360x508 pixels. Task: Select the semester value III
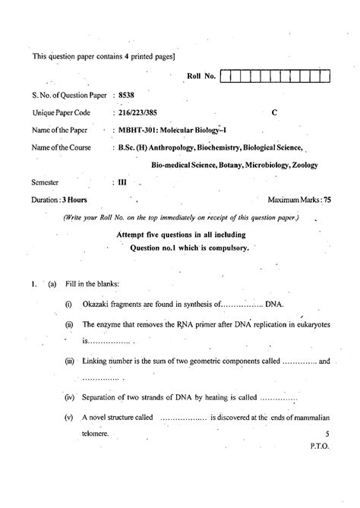pyautogui.click(x=122, y=182)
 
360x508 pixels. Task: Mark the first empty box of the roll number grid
pyautogui.click(x=226, y=76)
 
